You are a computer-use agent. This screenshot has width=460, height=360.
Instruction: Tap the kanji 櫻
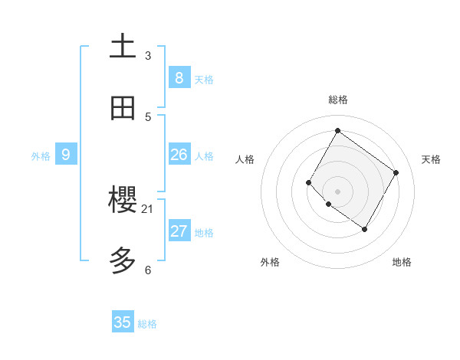click(x=123, y=201)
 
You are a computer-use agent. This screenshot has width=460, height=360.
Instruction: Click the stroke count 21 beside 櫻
click(x=148, y=208)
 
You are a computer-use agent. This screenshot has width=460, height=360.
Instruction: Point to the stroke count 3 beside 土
click(x=148, y=55)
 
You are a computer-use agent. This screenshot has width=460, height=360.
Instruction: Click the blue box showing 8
click(x=179, y=77)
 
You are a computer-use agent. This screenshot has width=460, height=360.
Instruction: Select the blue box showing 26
click(x=179, y=155)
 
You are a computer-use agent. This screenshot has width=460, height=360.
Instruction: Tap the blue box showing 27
click(x=179, y=231)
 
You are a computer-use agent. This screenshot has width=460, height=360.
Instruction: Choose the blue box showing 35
click(x=123, y=322)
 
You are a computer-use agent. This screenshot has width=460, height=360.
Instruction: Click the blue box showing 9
click(x=66, y=155)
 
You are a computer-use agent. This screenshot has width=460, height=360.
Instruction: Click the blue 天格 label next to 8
click(x=204, y=79)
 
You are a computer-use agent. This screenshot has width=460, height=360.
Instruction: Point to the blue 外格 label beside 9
click(x=41, y=156)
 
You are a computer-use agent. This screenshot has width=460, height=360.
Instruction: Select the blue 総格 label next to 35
click(x=147, y=324)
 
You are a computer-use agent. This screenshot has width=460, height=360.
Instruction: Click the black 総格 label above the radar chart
click(x=337, y=100)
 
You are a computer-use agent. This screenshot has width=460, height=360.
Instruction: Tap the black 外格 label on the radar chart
click(x=270, y=262)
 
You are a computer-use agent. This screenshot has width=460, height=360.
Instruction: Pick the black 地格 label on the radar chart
click(x=402, y=262)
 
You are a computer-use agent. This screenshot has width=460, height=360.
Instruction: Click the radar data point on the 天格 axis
click(x=396, y=172)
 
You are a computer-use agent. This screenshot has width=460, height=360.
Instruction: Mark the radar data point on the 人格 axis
click(x=309, y=182)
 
